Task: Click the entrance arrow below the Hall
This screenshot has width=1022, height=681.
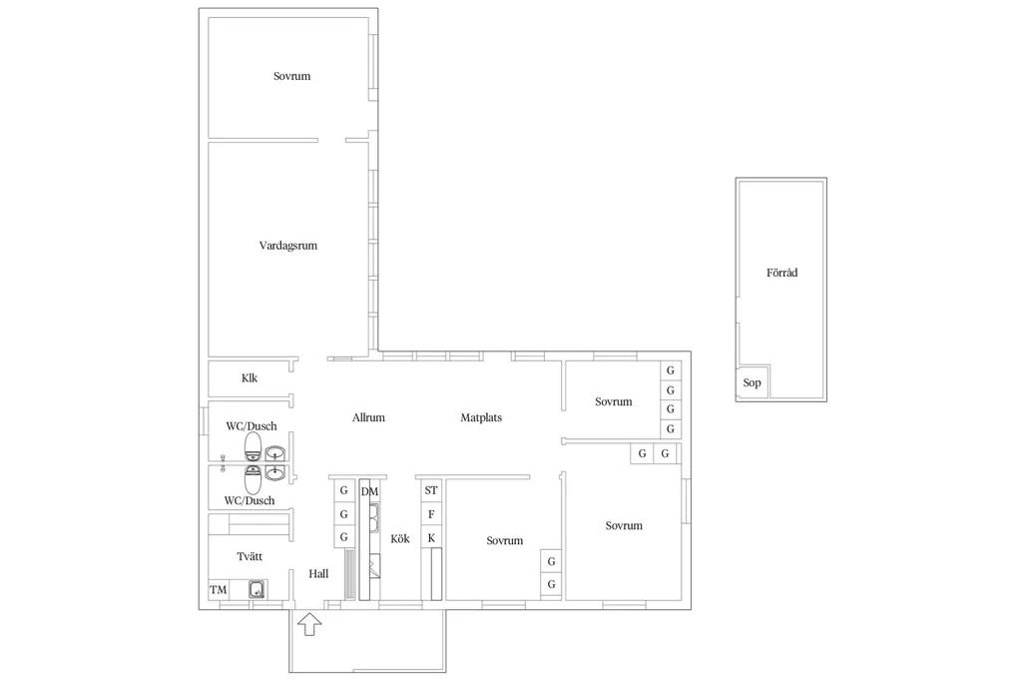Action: point(309,624)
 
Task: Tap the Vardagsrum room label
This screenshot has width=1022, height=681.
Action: point(288,246)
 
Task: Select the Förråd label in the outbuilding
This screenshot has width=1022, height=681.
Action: point(781,273)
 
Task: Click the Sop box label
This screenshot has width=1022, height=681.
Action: point(752,382)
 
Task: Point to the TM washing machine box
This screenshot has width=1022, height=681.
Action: point(219,590)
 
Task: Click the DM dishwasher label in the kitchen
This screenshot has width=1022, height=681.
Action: point(369,492)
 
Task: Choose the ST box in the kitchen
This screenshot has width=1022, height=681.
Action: point(431,490)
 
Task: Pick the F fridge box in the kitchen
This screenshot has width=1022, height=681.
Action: point(431,514)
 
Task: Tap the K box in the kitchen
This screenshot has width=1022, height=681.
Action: point(431,538)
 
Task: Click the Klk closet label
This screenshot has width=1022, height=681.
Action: point(249,378)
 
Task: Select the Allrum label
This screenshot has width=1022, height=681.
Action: point(368,417)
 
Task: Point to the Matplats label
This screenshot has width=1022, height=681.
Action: point(481,417)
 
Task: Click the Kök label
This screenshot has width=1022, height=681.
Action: point(400,539)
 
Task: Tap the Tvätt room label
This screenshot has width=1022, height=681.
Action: point(250,556)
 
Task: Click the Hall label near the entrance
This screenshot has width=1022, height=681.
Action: point(318,574)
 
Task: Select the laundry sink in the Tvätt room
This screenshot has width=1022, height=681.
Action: point(257,590)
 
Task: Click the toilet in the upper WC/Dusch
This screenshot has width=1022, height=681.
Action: point(253,446)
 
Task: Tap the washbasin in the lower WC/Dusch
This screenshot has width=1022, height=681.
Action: point(275,473)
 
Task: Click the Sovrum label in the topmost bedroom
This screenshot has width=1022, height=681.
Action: point(292,76)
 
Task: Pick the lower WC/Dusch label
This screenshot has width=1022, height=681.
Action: point(249,501)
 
